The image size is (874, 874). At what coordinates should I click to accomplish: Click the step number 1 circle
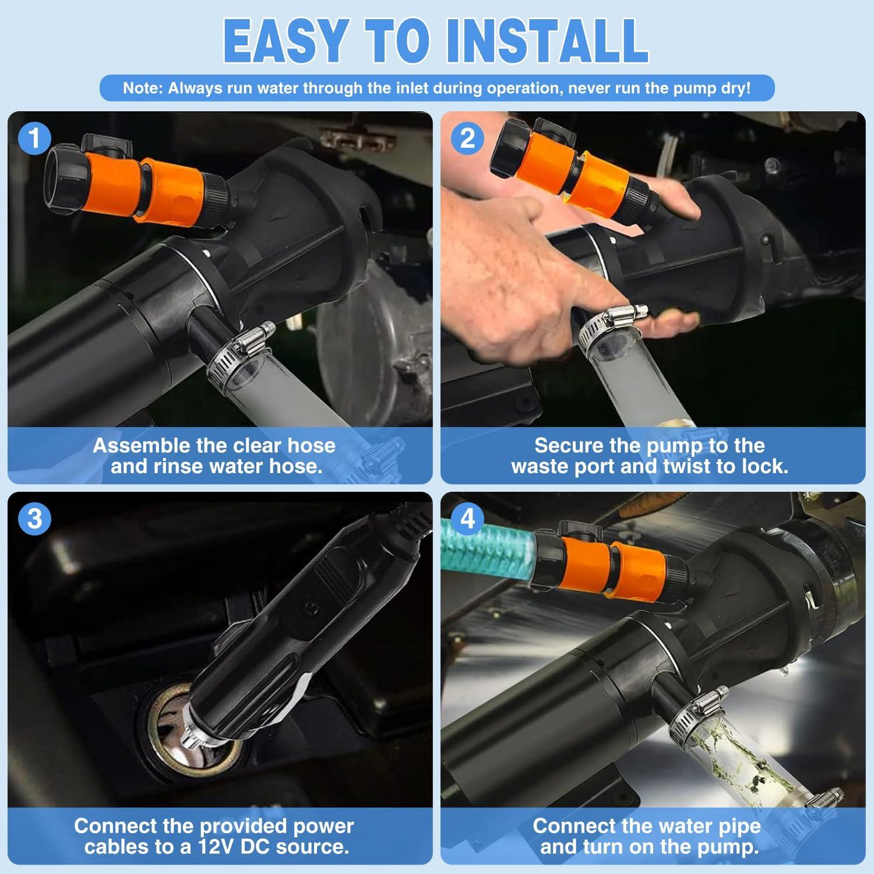tap(34, 139)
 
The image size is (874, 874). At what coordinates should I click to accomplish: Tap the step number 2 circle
tap(467, 139)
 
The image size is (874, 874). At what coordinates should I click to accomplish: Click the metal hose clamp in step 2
tap(612, 326)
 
